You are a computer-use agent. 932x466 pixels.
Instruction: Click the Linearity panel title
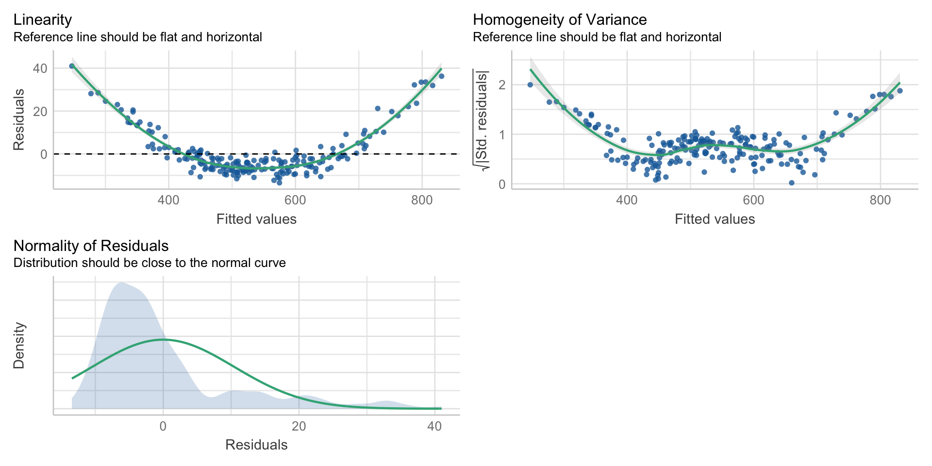click(43, 19)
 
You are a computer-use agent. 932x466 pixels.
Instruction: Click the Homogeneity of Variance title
click(559, 19)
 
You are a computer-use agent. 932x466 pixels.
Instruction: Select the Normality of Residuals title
click(91, 246)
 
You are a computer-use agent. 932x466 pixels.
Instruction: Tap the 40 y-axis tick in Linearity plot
click(40, 68)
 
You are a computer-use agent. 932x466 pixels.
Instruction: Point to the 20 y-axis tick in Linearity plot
click(40, 111)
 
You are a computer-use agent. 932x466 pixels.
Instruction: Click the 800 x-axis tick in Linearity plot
click(421, 200)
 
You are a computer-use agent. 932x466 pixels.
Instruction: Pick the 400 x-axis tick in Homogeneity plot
click(627, 200)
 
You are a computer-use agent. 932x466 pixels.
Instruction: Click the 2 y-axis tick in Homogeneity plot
click(502, 85)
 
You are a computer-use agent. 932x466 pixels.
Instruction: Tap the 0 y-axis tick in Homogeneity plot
click(502, 184)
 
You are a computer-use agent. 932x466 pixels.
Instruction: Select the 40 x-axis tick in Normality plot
click(434, 426)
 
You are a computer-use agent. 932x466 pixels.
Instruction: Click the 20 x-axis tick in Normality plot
click(299, 426)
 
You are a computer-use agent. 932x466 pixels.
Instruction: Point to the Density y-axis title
click(19, 346)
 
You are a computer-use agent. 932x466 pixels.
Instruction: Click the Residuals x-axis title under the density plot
click(256, 445)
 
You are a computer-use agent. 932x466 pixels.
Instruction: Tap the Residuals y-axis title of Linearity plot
click(19, 119)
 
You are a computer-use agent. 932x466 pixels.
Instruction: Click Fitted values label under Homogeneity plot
click(715, 219)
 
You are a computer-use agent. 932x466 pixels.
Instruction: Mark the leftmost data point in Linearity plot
click(72, 66)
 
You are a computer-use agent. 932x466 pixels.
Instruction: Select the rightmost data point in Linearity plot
click(441, 76)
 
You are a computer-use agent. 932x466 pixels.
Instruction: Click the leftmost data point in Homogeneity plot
click(530, 84)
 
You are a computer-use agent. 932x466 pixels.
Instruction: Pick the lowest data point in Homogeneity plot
click(791, 183)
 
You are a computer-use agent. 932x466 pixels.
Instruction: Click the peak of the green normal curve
click(163, 339)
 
